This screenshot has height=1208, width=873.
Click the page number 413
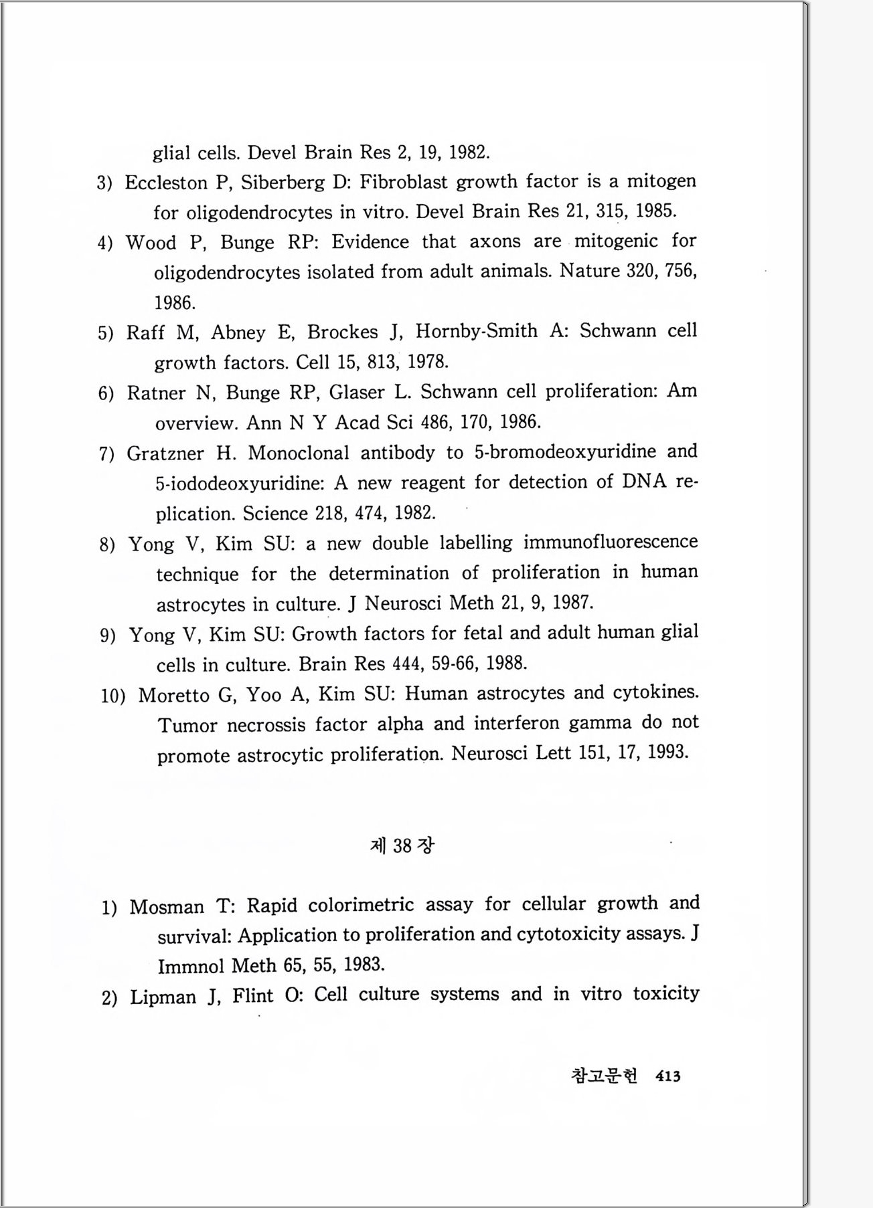pyautogui.click(x=668, y=1076)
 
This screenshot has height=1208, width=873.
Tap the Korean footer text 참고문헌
pyautogui.click(x=604, y=1076)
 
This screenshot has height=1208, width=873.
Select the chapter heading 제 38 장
pyautogui.click(x=402, y=845)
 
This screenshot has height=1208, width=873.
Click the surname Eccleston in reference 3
pyautogui.click(x=166, y=183)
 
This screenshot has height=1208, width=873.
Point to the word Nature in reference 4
pyautogui.click(x=590, y=271)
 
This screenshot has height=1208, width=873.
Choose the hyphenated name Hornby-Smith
pyautogui.click(x=476, y=331)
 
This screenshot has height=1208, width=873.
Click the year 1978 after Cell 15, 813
pyautogui.click(x=428, y=362)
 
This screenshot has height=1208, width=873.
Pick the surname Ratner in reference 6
pyautogui.click(x=156, y=393)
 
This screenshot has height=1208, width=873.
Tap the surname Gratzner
pyautogui.click(x=165, y=454)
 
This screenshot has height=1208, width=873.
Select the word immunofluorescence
pyautogui.click(x=611, y=542)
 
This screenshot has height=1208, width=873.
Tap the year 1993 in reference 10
pyautogui.click(x=668, y=752)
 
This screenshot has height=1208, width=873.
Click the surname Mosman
pyautogui.click(x=167, y=907)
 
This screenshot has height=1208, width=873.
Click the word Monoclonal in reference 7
pyautogui.click(x=299, y=453)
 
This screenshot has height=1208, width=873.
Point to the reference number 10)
pyautogui.click(x=113, y=696)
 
